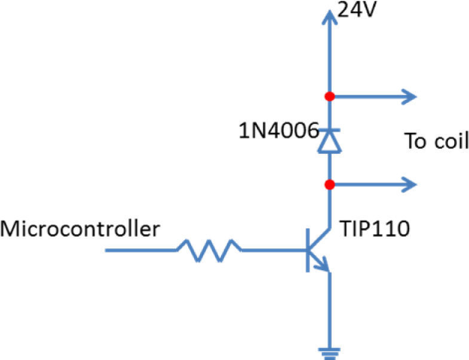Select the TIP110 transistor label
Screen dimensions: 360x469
pos(374,229)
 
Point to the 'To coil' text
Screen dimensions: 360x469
pos(437,142)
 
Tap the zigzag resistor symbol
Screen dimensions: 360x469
pos(209,251)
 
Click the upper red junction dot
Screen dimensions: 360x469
pos(328,96)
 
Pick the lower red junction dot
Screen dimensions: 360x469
pos(328,184)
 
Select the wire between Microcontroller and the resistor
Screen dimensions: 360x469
pos(140,251)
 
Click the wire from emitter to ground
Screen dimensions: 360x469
pos(328,308)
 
